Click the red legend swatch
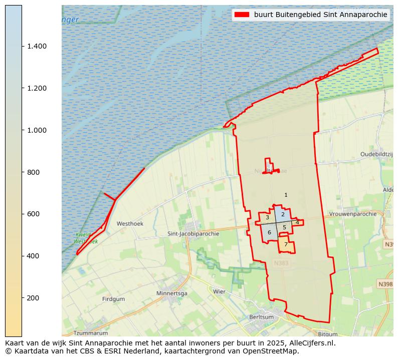click(242, 15)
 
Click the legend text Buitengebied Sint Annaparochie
click(321, 15)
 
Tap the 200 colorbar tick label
click(34, 298)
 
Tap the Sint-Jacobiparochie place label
click(193, 234)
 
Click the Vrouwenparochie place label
click(353, 214)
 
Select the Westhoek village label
click(130, 224)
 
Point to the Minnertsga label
click(172, 293)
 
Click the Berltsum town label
click(262, 317)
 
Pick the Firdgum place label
click(113, 299)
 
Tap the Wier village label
click(219, 291)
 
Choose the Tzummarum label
click(91, 333)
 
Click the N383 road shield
click(282, 263)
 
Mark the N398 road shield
click(385, 284)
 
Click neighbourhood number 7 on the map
click(286, 245)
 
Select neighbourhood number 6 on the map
click(269, 232)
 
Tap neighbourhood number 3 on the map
click(267, 218)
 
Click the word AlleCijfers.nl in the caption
click(310, 343)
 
